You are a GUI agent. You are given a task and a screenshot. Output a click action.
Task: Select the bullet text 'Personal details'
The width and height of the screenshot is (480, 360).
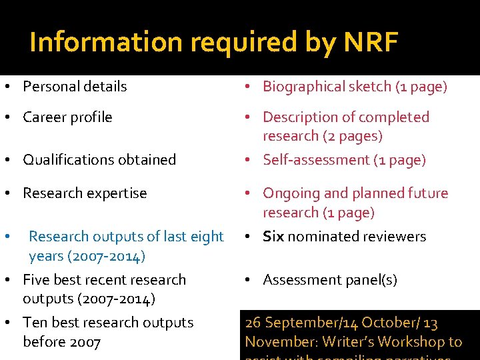75,87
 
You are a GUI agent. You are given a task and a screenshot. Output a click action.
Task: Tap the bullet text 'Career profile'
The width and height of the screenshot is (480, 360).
67,117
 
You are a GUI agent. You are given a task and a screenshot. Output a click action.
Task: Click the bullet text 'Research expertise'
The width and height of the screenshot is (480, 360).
85,193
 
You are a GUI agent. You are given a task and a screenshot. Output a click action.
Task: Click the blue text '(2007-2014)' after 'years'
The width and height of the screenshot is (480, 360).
107,256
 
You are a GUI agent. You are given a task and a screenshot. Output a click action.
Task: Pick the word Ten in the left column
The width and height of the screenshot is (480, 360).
35,323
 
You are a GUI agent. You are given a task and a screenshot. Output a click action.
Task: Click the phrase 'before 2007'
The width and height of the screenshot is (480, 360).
61,342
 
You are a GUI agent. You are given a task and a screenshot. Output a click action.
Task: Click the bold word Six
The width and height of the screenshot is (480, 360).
273,237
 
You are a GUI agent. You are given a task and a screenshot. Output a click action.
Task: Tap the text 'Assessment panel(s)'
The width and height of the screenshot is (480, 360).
330,280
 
